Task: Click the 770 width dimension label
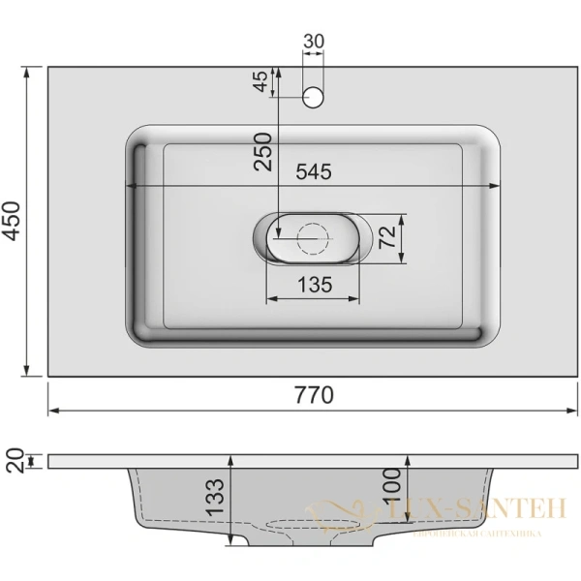[315, 395]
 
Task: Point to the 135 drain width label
[314, 285]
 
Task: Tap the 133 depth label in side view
[216, 497]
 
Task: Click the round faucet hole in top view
[314, 97]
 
